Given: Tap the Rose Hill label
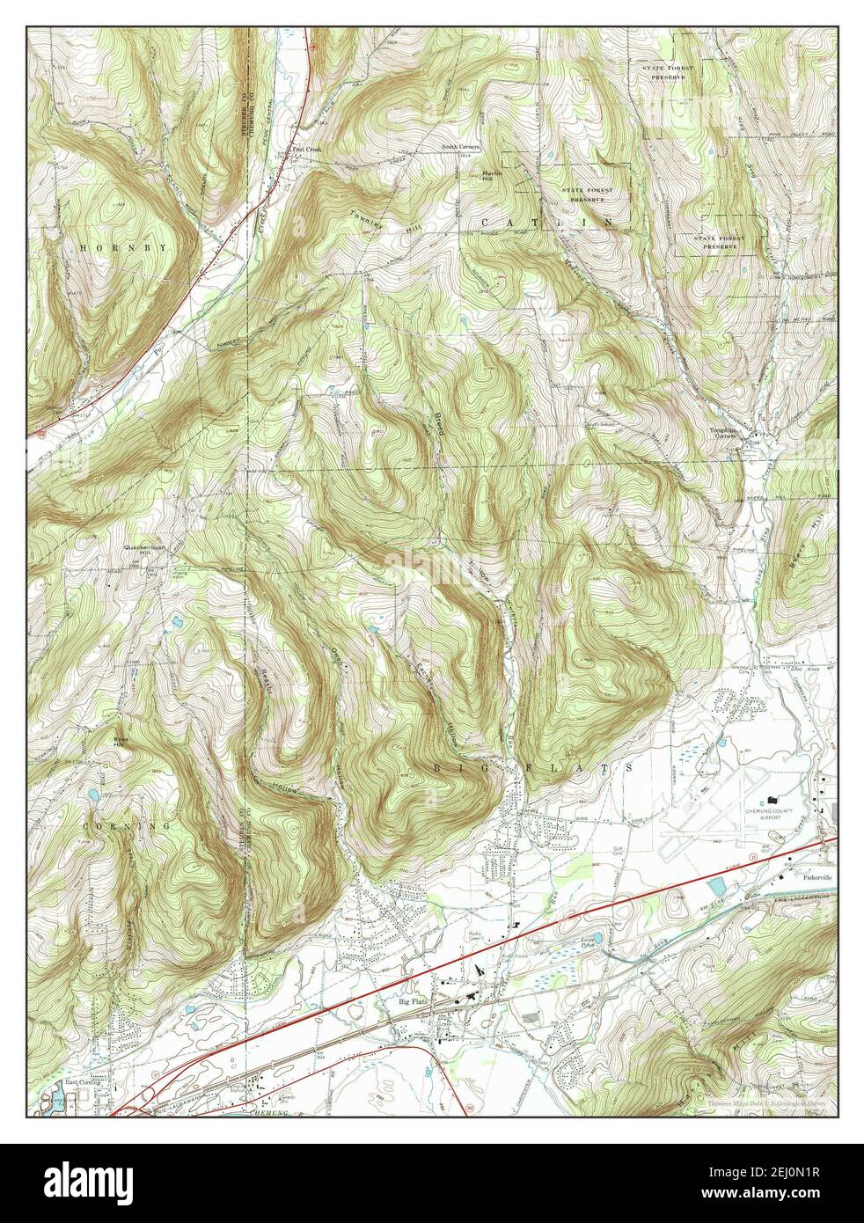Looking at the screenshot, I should (x=120, y=740).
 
